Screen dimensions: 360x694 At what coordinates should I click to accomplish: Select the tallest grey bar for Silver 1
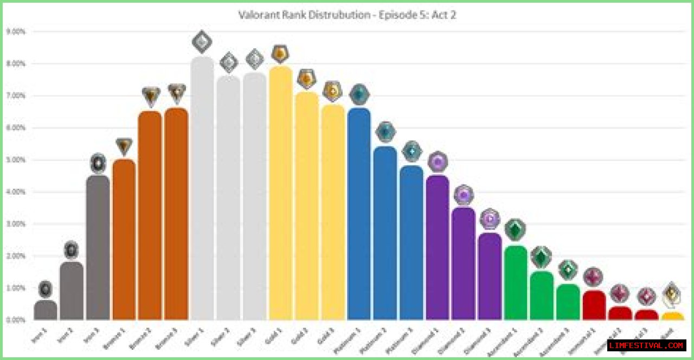tap(202, 190)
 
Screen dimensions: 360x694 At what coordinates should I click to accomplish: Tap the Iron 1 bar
tap(46, 311)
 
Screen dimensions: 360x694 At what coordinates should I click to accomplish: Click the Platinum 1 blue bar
tap(359, 215)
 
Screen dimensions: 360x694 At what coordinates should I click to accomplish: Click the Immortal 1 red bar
tap(594, 306)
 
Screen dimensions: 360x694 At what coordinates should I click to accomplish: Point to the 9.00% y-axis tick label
tap(16, 31)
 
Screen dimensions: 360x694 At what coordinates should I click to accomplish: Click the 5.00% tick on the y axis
tap(16, 160)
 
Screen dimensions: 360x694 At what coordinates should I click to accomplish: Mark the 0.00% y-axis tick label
tap(16, 320)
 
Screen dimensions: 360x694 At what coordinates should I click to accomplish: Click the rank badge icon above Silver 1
tap(202, 42)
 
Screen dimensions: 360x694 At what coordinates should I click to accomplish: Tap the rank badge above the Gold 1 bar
tap(280, 53)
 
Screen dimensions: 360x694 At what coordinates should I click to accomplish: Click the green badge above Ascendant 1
tap(515, 230)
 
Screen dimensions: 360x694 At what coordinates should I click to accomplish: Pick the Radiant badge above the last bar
tap(672, 294)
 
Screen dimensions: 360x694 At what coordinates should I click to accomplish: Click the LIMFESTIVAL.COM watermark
tap(647, 345)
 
